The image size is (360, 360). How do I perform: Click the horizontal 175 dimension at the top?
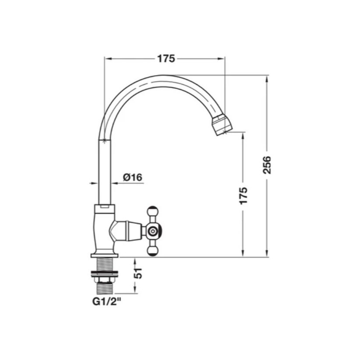(166, 59)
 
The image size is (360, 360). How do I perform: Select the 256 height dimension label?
(267, 165)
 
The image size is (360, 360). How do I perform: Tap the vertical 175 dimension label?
(243, 196)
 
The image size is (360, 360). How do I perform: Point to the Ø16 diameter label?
(132, 177)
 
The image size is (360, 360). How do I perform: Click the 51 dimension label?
(138, 273)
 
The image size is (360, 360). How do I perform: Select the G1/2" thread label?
(107, 302)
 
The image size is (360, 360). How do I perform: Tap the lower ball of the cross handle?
(152, 251)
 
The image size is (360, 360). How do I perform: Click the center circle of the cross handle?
(152, 231)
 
